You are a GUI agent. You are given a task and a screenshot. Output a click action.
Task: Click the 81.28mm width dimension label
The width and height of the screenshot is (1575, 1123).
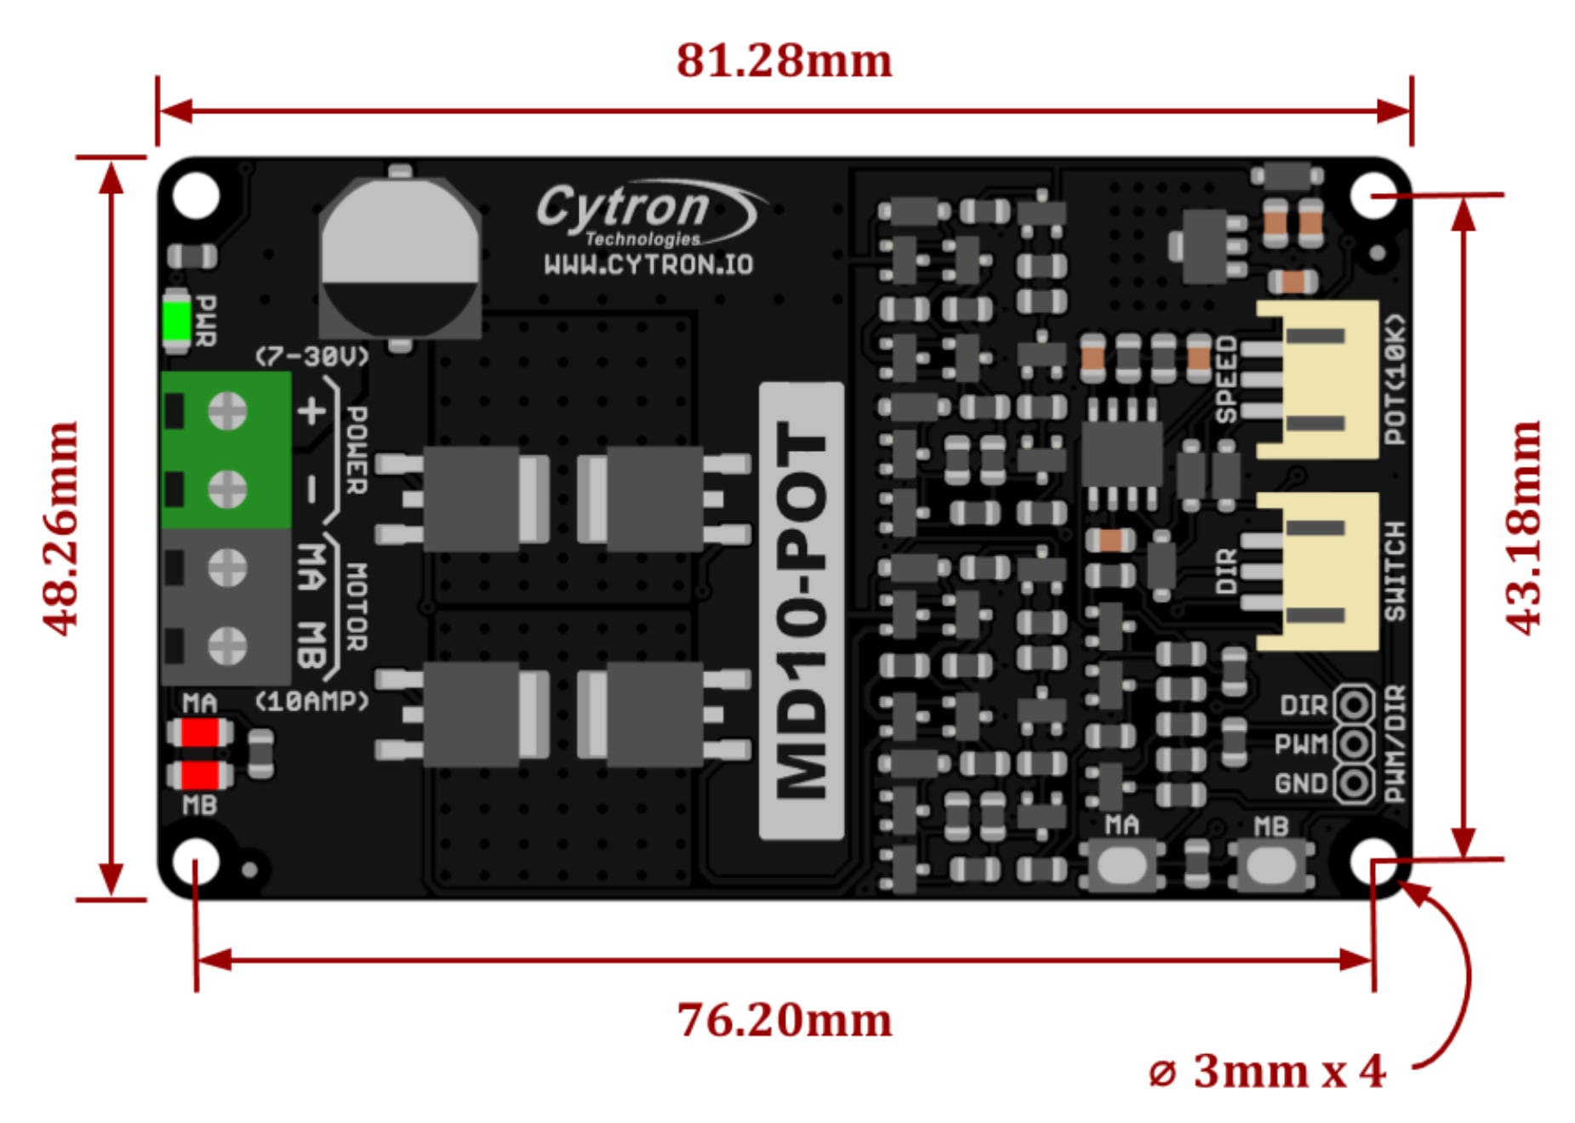[784, 61]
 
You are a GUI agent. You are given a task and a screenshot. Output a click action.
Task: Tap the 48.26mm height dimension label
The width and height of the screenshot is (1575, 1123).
[61, 527]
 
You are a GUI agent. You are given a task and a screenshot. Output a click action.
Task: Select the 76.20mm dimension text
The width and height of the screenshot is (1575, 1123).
[784, 1019]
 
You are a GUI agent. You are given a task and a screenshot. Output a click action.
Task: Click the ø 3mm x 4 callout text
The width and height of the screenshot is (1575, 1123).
[1267, 1071]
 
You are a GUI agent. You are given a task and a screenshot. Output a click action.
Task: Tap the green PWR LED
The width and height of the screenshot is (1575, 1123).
[177, 321]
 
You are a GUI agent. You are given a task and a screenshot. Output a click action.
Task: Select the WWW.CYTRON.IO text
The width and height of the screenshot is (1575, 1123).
[648, 265]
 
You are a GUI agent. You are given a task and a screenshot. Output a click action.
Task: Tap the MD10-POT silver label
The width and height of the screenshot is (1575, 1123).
[801, 610]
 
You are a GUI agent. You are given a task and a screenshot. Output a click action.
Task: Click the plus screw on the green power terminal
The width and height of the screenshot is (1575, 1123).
[227, 413]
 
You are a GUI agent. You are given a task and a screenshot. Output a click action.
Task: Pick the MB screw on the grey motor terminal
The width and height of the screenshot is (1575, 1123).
[227, 645]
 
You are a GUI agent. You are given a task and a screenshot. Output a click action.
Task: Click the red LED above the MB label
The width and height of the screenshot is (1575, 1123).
[201, 775]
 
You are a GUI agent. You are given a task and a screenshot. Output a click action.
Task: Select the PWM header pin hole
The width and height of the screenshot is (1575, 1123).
[1353, 744]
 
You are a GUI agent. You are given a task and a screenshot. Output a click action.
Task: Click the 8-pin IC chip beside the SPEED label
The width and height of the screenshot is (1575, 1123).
[1121, 453]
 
